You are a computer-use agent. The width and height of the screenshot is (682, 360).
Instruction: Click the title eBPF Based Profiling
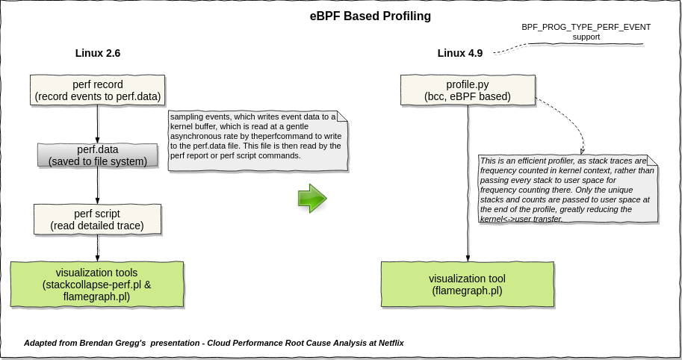[x=371, y=15]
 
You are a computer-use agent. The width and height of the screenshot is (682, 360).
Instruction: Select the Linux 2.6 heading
[x=98, y=53]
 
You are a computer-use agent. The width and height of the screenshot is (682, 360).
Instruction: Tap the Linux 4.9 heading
[x=459, y=53]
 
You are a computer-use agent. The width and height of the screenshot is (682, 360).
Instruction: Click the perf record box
[x=98, y=90]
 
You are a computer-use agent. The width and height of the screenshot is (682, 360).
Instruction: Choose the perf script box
[x=98, y=219]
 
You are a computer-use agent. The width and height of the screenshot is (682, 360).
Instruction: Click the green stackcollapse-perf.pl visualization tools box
[x=97, y=284]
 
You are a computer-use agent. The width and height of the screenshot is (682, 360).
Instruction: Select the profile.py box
[x=468, y=90]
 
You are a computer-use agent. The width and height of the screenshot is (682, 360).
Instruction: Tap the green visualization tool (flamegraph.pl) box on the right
[x=468, y=284]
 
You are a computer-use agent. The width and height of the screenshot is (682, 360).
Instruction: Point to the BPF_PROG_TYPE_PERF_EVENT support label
[x=586, y=31]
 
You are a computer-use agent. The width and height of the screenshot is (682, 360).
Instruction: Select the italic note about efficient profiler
[x=568, y=188]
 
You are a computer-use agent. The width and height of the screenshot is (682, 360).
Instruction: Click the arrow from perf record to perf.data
[x=98, y=123]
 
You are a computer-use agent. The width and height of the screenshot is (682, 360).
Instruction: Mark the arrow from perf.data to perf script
[x=98, y=185]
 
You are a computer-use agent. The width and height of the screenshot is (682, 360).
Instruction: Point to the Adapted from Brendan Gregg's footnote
[x=214, y=343]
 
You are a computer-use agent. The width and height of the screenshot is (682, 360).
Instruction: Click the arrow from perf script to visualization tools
[x=98, y=247]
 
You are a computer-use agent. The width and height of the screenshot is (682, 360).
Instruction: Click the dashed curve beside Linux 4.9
[x=512, y=49]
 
